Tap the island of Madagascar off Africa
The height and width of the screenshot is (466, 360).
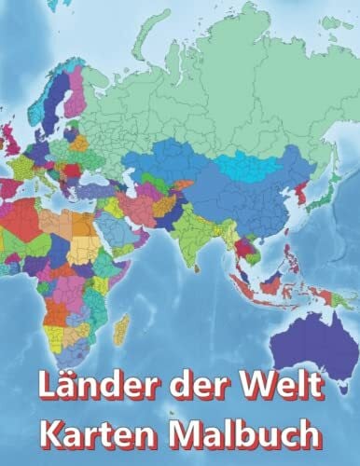[x=120, y=327]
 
